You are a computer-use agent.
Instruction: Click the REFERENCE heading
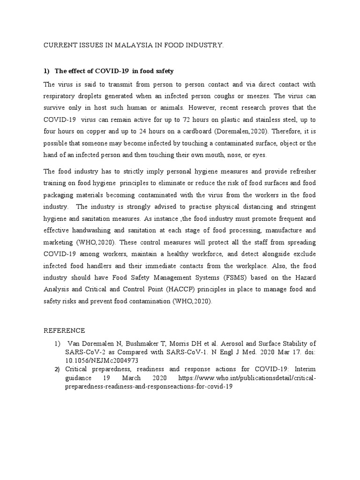(65, 330)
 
